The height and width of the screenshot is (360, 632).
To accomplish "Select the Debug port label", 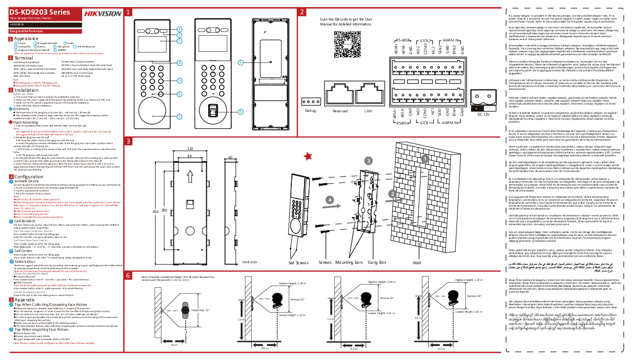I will [x=310, y=111].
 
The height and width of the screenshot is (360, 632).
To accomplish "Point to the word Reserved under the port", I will [x=340, y=111].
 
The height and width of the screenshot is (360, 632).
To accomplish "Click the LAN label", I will [x=368, y=111].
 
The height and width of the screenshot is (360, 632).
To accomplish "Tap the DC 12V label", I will [x=483, y=114].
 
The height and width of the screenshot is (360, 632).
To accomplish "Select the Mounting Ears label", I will [x=349, y=262].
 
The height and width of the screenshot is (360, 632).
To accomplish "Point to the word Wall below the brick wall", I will [x=417, y=262].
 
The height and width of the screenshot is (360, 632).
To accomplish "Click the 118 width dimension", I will [x=190, y=148].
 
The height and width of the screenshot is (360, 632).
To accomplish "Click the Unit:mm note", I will [x=250, y=262].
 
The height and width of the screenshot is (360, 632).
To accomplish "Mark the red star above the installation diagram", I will [x=308, y=156].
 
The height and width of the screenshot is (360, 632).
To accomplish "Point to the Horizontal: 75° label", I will [x=201, y=310].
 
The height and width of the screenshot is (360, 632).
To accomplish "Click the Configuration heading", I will [x=29, y=176].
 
